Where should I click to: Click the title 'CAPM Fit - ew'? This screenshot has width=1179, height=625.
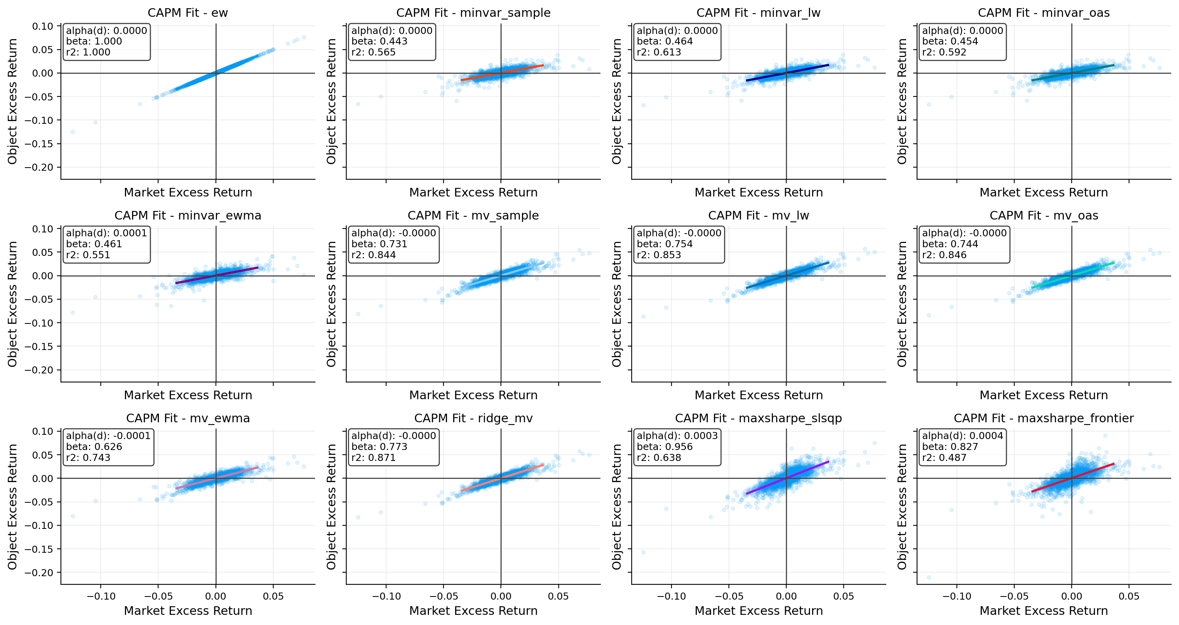[188, 13]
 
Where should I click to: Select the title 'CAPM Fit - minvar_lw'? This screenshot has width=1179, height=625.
[759, 13]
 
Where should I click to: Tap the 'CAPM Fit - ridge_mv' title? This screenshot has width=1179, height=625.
[473, 418]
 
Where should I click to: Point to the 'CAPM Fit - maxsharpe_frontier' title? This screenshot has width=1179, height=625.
[1044, 418]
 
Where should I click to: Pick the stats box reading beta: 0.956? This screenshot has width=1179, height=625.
[677, 446]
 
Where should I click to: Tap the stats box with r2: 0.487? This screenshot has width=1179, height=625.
[962, 446]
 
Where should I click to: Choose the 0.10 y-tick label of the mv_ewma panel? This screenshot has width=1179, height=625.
[43, 431]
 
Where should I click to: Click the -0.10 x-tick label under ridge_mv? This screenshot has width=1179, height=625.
[386, 596]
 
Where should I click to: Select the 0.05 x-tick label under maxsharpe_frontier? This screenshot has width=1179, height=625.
[1129, 596]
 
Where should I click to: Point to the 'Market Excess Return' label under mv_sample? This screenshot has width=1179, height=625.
[473, 395]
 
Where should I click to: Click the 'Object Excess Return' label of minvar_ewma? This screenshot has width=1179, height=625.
[12, 304]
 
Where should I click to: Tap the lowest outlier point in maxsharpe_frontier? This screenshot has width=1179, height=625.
[929, 577]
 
